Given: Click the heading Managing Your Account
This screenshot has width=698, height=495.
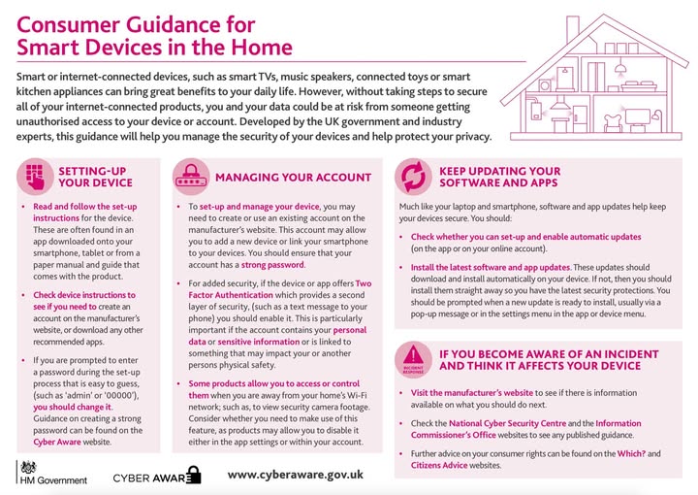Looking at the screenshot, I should click(292, 178).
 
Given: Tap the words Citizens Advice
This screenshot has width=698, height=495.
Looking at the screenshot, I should click(433, 466).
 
